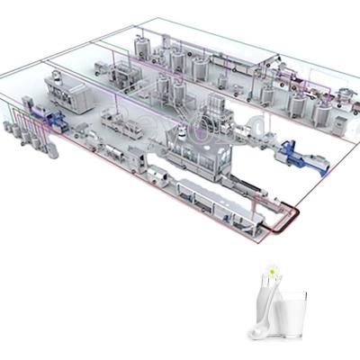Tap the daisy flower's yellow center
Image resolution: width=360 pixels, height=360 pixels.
(270, 268)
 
